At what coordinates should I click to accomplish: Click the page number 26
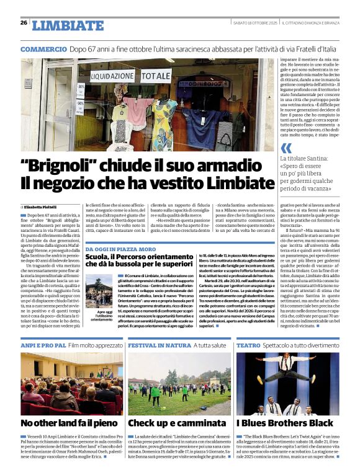24,22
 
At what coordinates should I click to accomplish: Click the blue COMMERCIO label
43,49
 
